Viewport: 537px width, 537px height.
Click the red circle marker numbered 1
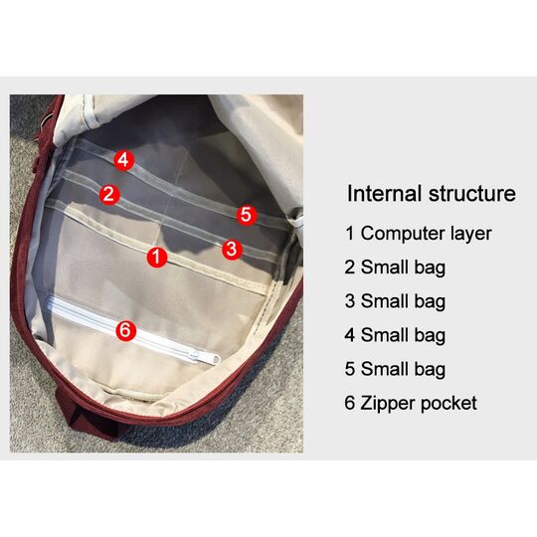pos(157,258)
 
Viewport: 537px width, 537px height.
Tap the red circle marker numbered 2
pos(109,195)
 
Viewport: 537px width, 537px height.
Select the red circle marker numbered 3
pos(232,250)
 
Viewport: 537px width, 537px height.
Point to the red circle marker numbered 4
pos(123,160)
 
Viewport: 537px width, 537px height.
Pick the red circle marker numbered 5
pos(247,215)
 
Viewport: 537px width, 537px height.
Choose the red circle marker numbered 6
pos(126,330)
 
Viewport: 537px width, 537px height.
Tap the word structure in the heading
pos(472,194)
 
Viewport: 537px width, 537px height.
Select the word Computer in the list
pos(403,234)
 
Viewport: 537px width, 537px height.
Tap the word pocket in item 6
pos(448,403)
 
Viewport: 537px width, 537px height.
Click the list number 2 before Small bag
pos(349,268)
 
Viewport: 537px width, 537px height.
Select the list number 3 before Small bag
pos(349,301)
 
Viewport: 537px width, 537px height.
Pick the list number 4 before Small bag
pos(349,335)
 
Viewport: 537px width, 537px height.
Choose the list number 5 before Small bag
pos(349,369)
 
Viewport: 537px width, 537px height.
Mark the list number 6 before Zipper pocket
pos(349,403)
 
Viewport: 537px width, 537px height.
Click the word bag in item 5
pos(430,370)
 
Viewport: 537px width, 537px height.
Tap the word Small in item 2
pos(385,268)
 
